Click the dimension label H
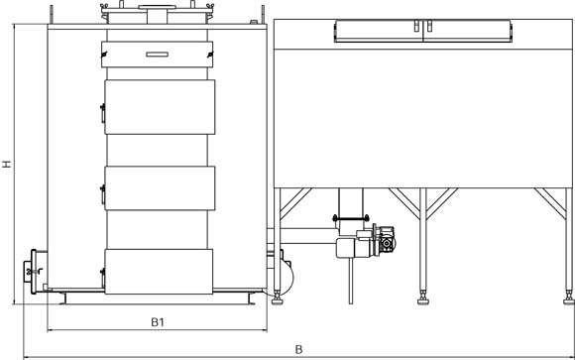[7, 164]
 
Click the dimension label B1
[158, 322]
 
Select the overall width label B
[298, 350]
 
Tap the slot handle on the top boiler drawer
[157, 55]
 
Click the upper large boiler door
[160, 107]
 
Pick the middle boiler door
[160, 188]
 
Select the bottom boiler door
[159, 272]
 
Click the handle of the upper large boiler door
[103, 113]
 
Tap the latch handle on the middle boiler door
[103, 194]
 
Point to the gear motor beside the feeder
[384, 240]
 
